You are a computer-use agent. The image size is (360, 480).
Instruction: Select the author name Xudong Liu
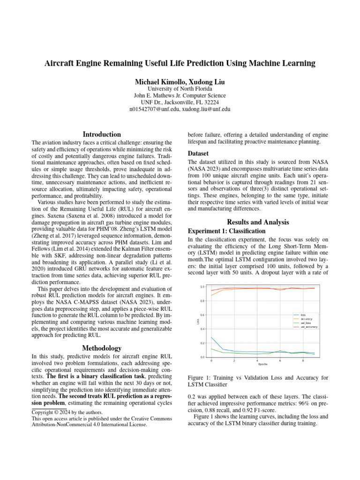(x=203, y=82)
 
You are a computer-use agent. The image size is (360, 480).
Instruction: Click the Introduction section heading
(x=102, y=134)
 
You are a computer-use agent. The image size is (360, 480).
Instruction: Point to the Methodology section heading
(x=102, y=348)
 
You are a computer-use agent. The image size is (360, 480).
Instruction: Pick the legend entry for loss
(x=303, y=315)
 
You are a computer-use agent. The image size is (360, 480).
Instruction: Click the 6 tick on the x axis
(x=280, y=360)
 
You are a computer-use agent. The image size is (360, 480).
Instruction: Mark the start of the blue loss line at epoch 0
(x=211, y=337)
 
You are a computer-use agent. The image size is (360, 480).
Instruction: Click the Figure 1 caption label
(x=201, y=377)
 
